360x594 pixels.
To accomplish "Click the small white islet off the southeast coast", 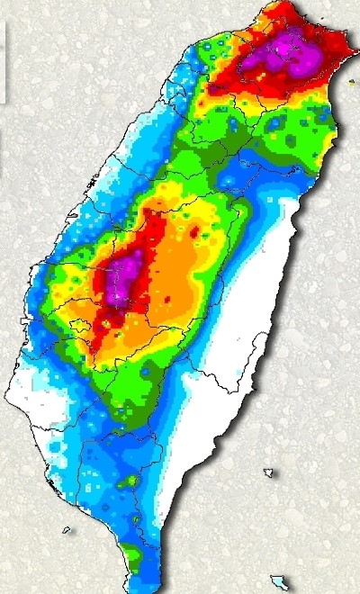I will [x=269, y=472].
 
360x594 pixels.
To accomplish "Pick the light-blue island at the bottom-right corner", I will [x=281, y=582].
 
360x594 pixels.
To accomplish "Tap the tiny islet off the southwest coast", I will [x=67, y=529].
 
